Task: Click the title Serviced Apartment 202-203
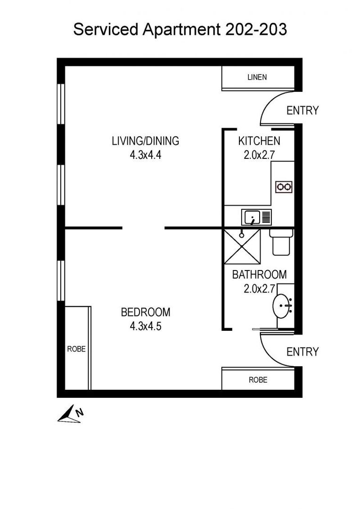click(180, 30)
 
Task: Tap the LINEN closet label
click(257, 77)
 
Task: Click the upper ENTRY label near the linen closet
click(303, 110)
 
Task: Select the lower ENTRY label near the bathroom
click(303, 352)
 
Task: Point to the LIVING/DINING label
click(145, 140)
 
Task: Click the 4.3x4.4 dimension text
click(146, 155)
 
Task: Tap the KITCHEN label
click(259, 140)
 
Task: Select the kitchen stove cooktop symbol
click(283, 187)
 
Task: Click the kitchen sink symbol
click(257, 217)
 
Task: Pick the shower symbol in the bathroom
click(242, 246)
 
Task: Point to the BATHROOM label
click(259, 274)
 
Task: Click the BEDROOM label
click(146, 312)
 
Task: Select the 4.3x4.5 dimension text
click(146, 327)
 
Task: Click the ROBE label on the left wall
click(76, 349)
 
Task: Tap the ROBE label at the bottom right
click(258, 379)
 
